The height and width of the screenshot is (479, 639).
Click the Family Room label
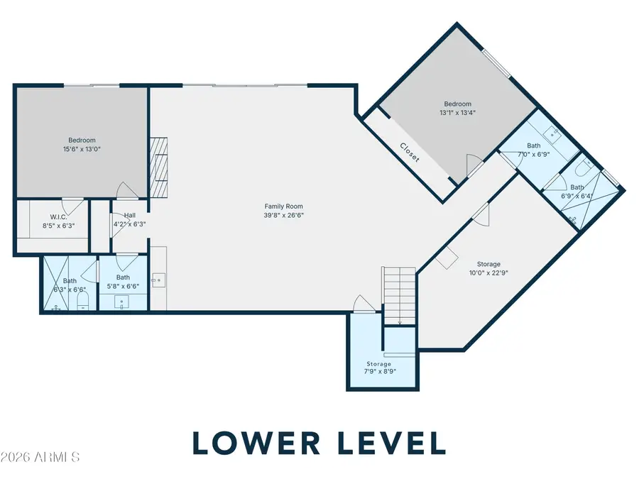[283, 207]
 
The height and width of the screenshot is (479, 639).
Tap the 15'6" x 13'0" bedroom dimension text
[82, 149]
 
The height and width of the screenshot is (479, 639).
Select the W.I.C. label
[59, 217]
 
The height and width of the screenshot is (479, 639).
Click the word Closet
[410, 153]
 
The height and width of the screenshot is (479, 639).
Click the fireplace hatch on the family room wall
[159, 167]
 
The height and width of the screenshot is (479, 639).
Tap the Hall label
[130, 216]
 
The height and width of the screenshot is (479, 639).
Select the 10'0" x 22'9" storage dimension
[488, 273]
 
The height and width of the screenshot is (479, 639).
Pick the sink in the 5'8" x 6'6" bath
[121, 302]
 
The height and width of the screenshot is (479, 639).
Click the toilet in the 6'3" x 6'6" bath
[83, 302]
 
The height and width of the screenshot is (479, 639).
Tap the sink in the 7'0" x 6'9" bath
[552, 133]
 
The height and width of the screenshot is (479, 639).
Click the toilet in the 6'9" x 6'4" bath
[584, 167]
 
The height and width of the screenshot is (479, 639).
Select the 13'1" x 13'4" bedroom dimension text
[458, 113]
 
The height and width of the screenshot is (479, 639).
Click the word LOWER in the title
[256, 443]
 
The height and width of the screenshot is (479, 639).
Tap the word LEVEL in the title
[393, 443]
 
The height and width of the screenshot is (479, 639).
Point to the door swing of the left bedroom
[127, 190]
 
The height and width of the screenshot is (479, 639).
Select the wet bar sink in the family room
[158, 280]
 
